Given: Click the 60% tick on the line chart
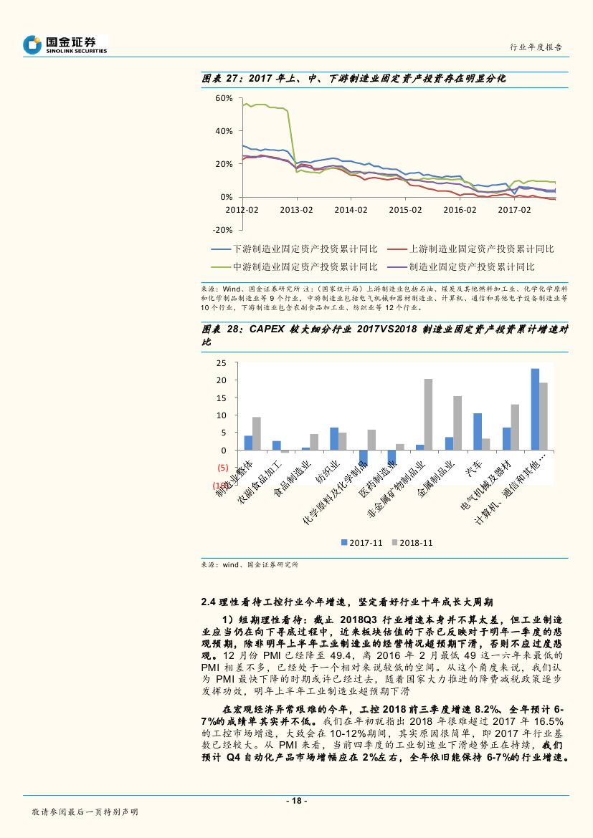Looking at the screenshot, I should click(224, 98).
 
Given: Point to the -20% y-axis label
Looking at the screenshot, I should click(222, 230).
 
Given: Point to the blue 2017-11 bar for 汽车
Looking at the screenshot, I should click(478, 432).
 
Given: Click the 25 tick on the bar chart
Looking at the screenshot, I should click(221, 363).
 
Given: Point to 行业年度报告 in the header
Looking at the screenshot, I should click(536, 47).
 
